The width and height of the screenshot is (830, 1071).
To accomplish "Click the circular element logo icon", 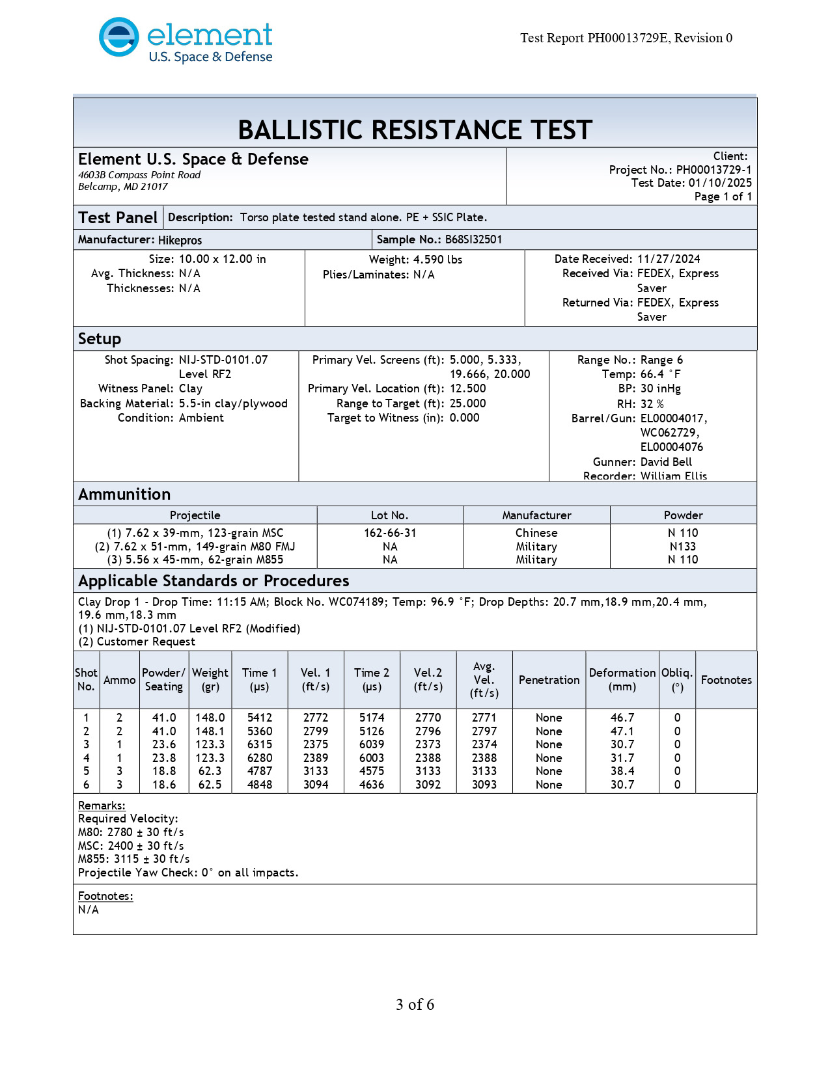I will pyautogui.click(x=118, y=37).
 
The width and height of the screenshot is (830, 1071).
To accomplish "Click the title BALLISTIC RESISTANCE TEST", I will pyautogui.click(x=415, y=130).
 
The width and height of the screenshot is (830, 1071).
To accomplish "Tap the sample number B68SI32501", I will pyautogui.click(x=473, y=239).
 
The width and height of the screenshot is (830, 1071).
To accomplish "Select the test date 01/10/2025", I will pyautogui.click(x=720, y=183).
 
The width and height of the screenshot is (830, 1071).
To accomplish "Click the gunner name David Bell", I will pyautogui.click(x=666, y=462).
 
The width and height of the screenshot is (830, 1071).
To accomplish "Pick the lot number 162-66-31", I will pyautogui.click(x=390, y=533).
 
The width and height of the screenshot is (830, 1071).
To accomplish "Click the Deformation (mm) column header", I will pyautogui.click(x=622, y=679).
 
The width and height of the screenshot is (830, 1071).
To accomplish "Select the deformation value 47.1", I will pyautogui.click(x=622, y=731).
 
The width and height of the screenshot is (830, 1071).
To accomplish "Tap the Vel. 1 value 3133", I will pyautogui.click(x=316, y=771).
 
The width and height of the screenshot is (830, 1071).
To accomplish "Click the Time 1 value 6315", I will pyautogui.click(x=260, y=744).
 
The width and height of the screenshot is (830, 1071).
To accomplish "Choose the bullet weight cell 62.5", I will pyautogui.click(x=210, y=785).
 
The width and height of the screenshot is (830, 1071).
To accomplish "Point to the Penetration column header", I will pyautogui.click(x=549, y=680).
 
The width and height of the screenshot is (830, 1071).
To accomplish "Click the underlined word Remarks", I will pyautogui.click(x=102, y=806).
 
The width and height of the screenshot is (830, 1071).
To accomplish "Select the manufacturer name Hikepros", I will pyautogui.click(x=180, y=240).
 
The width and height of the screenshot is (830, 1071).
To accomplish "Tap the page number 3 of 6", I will pyautogui.click(x=415, y=1005).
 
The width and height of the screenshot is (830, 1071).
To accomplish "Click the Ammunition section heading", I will pyautogui.click(x=124, y=495).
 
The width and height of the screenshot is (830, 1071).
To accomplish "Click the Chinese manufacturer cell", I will pyautogui.click(x=536, y=533).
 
